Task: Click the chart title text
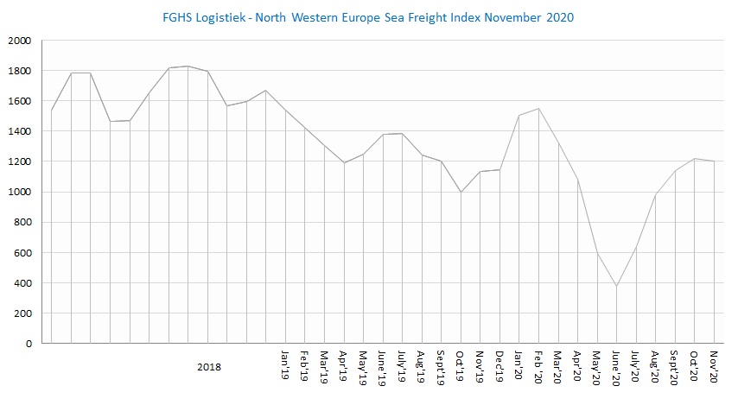[x=369, y=16]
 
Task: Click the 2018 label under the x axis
[x=208, y=366]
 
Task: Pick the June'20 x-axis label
[x=616, y=366]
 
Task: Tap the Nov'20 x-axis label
[x=715, y=364]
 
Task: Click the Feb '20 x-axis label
[x=538, y=366]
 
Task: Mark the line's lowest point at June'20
[x=616, y=286]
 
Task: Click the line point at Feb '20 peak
[x=538, y=109]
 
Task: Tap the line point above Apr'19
[x=344, y=162]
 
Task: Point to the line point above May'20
[x=597, y=253]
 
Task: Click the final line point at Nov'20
[x=715, y=161]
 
